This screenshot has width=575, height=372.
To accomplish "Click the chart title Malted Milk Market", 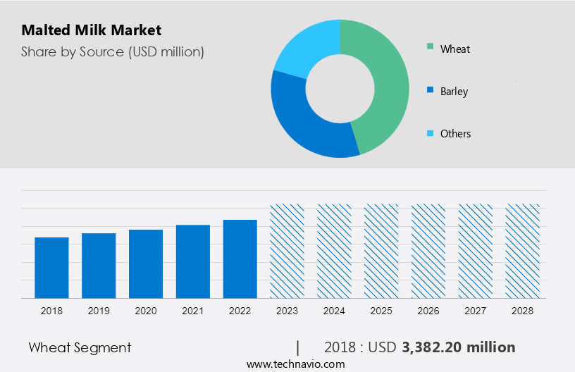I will [x=91, y=30].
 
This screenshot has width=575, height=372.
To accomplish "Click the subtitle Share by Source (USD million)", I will [x=112, y=51].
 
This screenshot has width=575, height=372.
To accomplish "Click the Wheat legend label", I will [x=455, y=49].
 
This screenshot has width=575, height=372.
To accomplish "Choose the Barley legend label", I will [x=454, y=91].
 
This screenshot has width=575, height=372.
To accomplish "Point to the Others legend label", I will [x=455, y=133].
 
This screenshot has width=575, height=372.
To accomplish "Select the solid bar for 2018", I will [x=51, y=268].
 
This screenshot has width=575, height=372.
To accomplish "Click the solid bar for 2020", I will [x=146, y=263].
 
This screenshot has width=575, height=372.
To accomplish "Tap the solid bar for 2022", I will [x=240, y=259].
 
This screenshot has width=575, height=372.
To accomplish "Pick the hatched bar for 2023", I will [x=287, y=251].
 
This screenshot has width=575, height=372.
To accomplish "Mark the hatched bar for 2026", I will [x=428, y=251].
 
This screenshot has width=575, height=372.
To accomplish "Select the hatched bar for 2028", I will [x=523, y=251].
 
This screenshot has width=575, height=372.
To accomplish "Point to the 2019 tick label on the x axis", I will [x=99, y=311].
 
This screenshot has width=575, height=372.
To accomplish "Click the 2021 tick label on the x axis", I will [x=193, y=311].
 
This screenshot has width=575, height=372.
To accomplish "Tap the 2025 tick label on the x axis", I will [x=381, y=311].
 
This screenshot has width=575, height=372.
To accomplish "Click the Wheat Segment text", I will [x=80, y=347].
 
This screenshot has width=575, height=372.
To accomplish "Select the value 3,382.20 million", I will [x=459, y=347].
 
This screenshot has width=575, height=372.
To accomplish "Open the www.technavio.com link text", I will [x=295, y=364].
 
